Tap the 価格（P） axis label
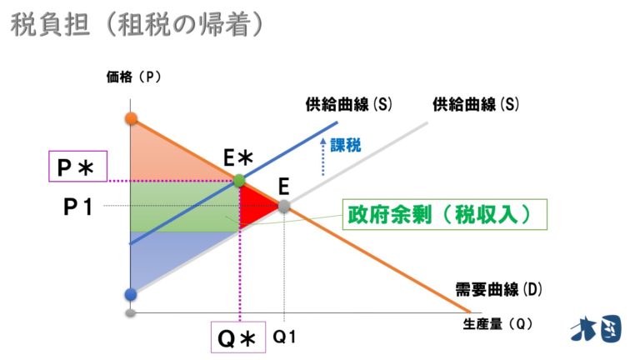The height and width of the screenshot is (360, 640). click(x=132, y=77)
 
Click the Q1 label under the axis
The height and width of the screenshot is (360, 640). click(x=285, y=336)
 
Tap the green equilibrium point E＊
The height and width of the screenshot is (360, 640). click(x=239, y=180)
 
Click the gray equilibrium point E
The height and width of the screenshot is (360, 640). click(x=284, y=205)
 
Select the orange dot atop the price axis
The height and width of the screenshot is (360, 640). click(x=131, y=117)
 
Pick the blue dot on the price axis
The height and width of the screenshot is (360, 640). click(x=130, y=294)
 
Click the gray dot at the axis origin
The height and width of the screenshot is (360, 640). click(x=130, y=313)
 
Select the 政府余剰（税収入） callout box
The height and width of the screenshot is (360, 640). click(x=445, y=214)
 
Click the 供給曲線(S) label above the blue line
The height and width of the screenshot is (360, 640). click(x=348, y=105)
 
